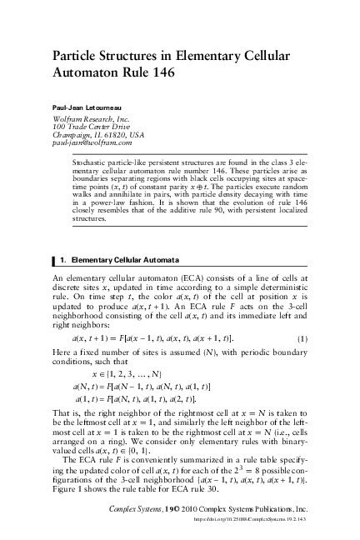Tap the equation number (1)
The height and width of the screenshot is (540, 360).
point(303,338)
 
